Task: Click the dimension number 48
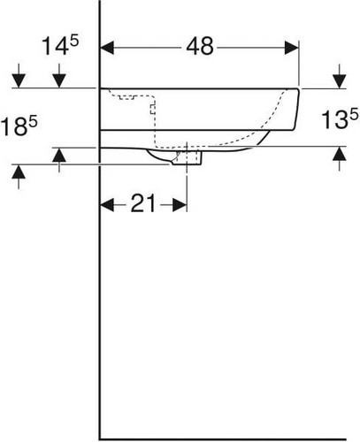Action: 200,46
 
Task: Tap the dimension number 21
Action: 142,203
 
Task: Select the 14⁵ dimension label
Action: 60,45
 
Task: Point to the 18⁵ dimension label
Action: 19,126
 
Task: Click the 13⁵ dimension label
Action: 340,118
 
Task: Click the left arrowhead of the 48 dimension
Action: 107,48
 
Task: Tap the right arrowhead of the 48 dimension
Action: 292,48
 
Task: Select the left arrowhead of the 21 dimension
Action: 107,205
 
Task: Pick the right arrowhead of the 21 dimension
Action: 180,205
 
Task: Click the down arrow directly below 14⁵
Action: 59,76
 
